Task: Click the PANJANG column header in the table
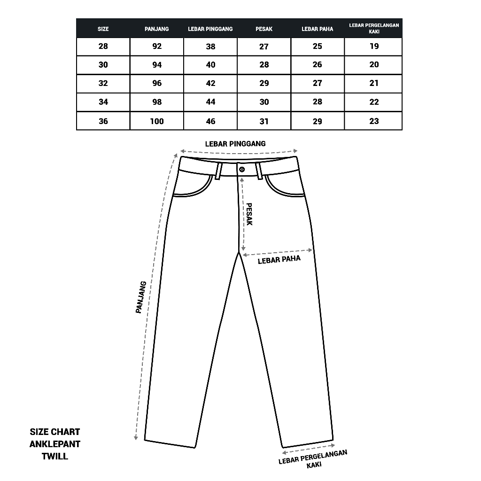pyautogui.click(x=157, y=29)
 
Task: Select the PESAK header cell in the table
pyautogui.click(x=264, y=29)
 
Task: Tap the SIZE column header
pyautogui.click(x=103, y=29)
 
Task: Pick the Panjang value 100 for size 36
pyautogui.click(x=157, y=121)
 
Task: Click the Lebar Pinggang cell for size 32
pyautogui.click(x=210, y=83)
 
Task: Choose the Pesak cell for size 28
pyautogui.click(x=264, y=46)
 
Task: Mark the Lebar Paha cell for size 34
pyautogui.click(x=318, y=102)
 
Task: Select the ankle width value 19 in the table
pyautogui.click(x=374, y=46)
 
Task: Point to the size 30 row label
pyautogui.click(x=103, y=65)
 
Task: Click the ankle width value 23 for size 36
pyautogui.click(x=374, y=121)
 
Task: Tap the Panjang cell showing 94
pyautogui.click(x=157, y=65)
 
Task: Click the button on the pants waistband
pyautogui.click(x=242, y=169)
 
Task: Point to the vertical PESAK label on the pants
pyautogui.click(x=249, y=215)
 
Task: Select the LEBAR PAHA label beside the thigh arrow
pyautogui.click(x=279, y=260)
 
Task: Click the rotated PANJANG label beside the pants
pyautogui.click(x=141, y=297)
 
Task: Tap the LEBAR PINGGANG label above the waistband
pyautogui.click(x=235, y=144)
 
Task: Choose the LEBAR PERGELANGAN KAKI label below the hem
pyautogui.click(x=313, y=458)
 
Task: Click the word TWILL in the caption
pyautogui.click(x=55, y=456)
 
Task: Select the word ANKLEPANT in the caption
pyautogui.click(x=55, y=444)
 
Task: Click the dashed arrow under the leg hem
pyautogui.click(x=308, y=447)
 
